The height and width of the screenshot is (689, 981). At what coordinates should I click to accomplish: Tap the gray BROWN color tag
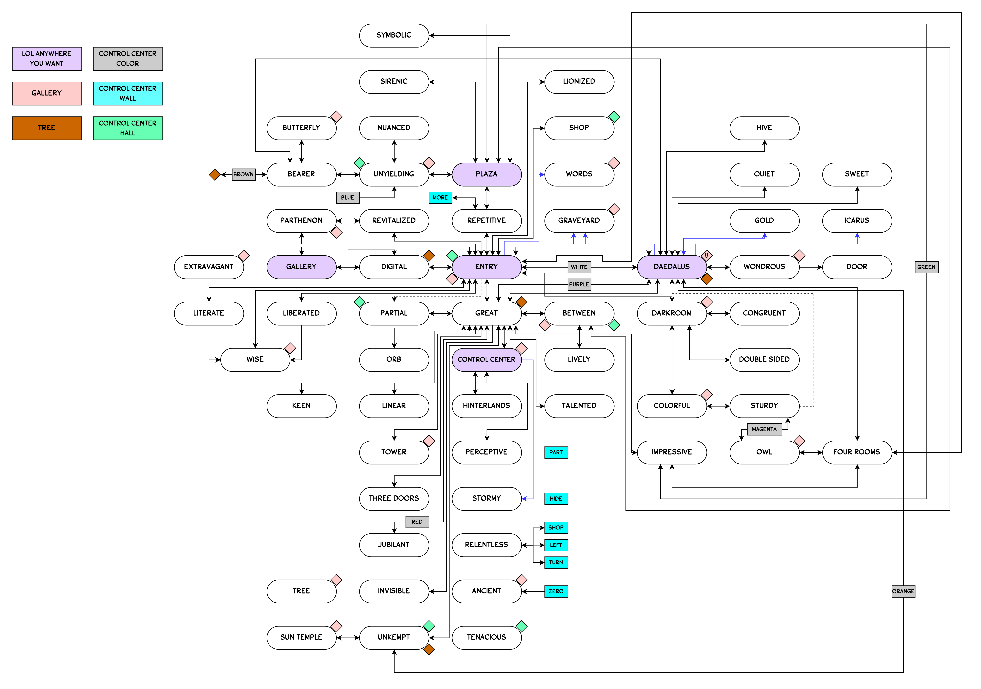[243, 174]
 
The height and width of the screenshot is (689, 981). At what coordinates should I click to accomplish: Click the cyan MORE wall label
[440, 197]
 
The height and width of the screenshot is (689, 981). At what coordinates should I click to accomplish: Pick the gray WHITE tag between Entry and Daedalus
[579, 267]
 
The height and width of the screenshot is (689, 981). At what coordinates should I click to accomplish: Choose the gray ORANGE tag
[903, 591]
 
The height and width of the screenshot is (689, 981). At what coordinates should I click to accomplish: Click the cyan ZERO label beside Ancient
[556, 591]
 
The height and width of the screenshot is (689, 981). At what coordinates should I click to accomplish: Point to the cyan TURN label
[556, 562]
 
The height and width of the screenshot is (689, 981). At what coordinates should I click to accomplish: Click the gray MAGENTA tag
[764, 429]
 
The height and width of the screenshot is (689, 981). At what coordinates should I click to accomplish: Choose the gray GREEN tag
[926, 267]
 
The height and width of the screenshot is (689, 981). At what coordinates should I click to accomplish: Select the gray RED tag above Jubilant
[417, 522]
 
